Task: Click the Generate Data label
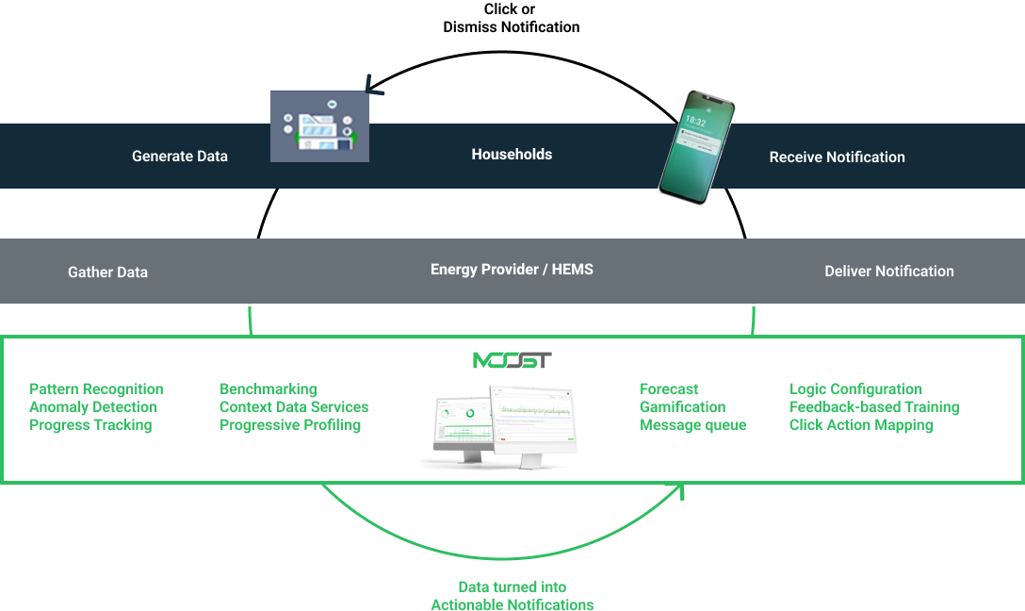[180, 157]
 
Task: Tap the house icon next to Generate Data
[319, 127]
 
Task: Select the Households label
[512, 155]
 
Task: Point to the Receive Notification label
[837, 157]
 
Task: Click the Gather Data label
[107, 272]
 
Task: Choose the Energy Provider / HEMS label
[512, 270]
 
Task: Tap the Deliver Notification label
[888, 272]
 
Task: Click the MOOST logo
[512, 360]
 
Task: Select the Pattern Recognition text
[96, 389]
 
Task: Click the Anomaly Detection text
[93, 407]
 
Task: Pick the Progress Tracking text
[90, 425]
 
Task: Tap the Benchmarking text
[268, 389]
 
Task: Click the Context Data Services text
[294, 407]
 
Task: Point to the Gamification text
[682, 407]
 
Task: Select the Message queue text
[692, 425]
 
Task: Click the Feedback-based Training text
[874, 407]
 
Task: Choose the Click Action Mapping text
[861, 425]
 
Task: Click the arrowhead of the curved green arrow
[678, 489]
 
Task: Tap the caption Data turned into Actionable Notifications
[512, 596]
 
